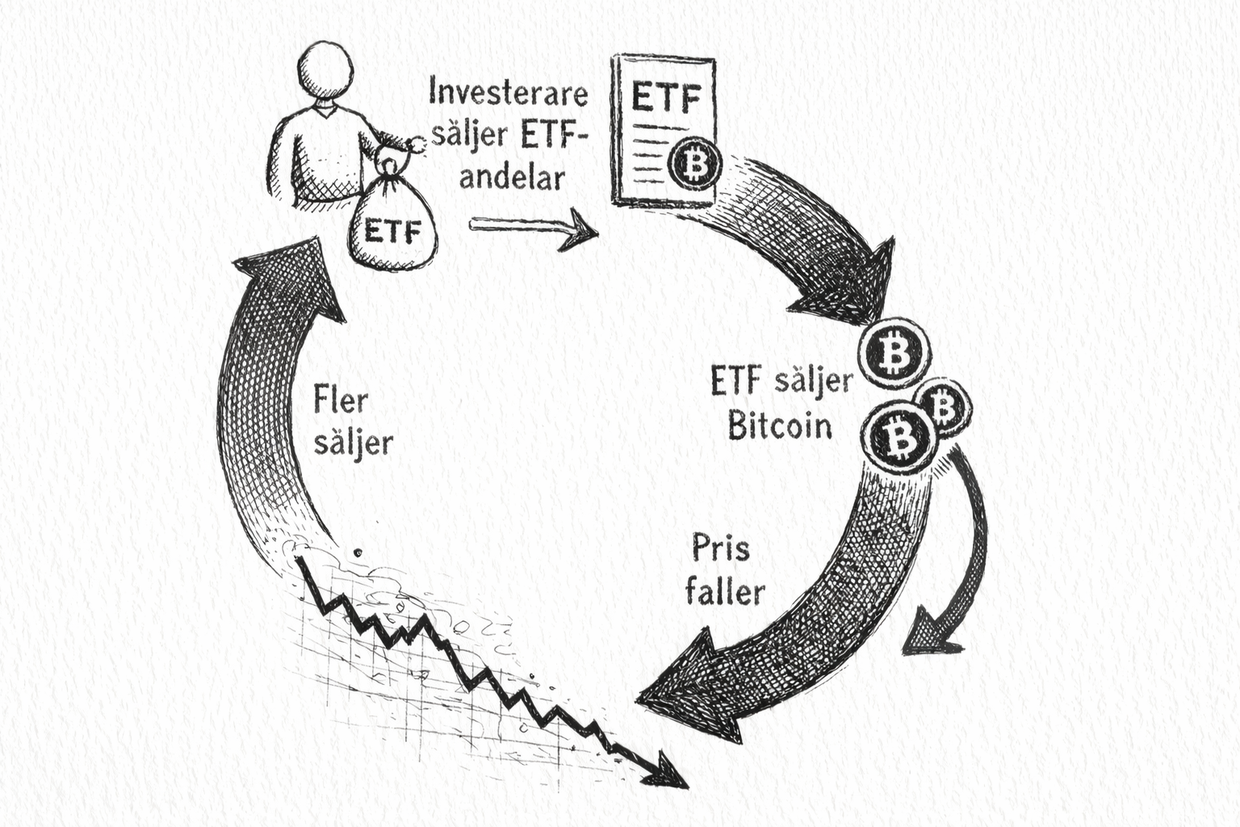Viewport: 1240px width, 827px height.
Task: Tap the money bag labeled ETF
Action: pos(393,225)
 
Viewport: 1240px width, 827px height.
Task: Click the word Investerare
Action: pos(509,92)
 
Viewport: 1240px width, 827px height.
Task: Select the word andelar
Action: pos(511,177)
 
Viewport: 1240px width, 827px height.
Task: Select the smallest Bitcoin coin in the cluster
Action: pos(945,406)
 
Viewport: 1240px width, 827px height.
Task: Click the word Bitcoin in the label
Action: pos(780,425)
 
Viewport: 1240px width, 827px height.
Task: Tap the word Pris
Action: pos(721,549)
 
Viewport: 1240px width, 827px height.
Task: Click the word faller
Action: pos(725,593)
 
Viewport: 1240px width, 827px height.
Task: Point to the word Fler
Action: pos(341,399)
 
